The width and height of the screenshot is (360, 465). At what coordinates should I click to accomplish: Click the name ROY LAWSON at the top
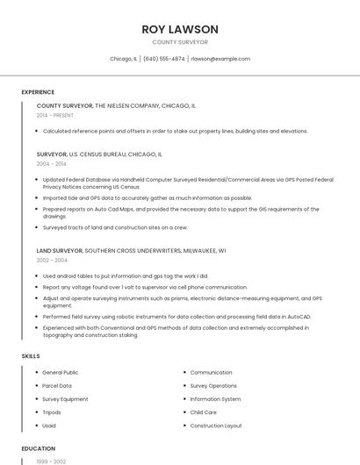point(180,29)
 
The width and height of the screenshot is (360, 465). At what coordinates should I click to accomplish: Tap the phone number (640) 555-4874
point(164,59)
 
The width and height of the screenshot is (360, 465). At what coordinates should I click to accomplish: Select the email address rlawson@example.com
point(220,59)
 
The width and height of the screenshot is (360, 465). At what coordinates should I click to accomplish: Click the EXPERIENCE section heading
point(38,92)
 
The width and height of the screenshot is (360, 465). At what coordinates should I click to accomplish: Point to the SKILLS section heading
point(31,356)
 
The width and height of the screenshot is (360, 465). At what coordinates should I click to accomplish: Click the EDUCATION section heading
point(39,448)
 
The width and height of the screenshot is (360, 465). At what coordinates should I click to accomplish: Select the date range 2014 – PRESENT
point(55,115)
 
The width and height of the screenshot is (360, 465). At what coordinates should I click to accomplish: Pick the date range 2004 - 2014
point(52,163)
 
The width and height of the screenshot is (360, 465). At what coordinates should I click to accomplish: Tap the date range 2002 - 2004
point(52,260)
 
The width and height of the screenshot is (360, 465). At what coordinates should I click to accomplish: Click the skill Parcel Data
point(57,386)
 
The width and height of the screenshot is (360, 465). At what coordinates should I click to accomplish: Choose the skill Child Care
point(204,412)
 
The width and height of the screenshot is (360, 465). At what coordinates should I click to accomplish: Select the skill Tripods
point(52,412)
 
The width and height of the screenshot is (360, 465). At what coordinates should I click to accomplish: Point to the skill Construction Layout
point(216,426)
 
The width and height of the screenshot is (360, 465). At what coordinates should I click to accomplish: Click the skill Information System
point(215,399)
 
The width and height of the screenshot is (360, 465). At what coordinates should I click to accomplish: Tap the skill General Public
point(61,373)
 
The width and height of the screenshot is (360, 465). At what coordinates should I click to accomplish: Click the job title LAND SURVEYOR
point(60,250)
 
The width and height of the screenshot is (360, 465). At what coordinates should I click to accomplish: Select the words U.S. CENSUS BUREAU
point(98,154)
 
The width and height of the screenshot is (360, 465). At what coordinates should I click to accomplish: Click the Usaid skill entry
point(50,426)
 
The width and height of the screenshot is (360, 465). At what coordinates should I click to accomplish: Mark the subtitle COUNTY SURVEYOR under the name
point(180,42)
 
